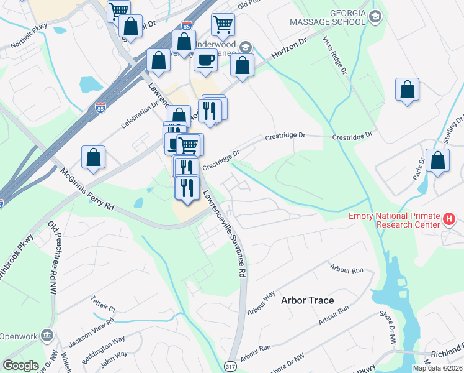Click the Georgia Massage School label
point(327,21)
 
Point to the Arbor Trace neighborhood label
point(308,300)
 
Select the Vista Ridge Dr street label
point(334,56)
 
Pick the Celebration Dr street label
point(140,115)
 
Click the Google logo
point(20,366)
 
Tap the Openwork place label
point(19,336)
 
